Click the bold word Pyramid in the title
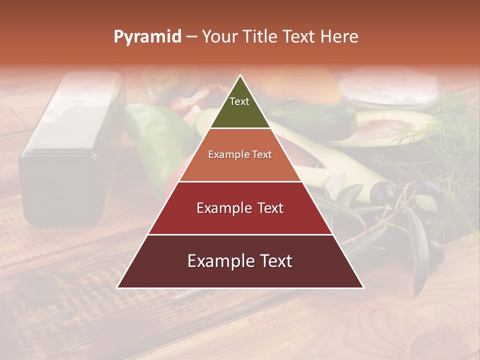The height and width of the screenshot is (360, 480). click(147, 37)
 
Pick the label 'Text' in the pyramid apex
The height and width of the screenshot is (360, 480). click(239, 101)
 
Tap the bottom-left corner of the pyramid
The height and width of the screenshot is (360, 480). click(118, 287)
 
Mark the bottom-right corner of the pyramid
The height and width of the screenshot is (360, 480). click(362, 287)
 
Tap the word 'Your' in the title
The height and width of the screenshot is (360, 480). click(219, 37)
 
